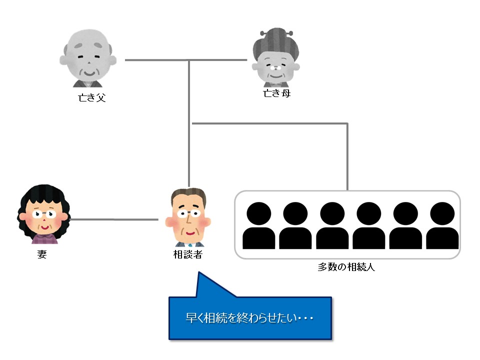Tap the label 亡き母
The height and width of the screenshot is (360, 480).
coord(276,93)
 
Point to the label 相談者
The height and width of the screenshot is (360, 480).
coord(187,254)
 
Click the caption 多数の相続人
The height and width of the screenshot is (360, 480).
coord(346,267)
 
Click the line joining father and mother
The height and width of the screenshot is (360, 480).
coord(185,60)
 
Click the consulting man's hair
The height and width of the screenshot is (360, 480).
coord(188,194)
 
